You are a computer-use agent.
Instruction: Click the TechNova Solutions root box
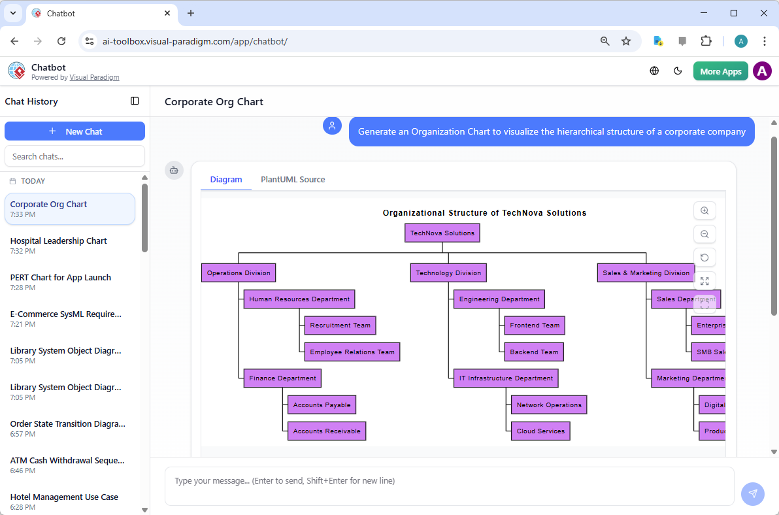[x=442, y=233]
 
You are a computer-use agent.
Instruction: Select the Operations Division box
[x=239, y=273]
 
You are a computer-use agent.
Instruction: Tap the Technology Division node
[x=448, y=273]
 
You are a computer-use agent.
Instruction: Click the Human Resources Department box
[x=299, y=299]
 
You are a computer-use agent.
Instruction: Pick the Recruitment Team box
[x=340, y=325]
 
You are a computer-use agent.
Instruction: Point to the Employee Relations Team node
[x=352, y=352]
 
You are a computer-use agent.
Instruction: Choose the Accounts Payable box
[x=322, y=405]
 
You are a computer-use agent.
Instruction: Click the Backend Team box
[x=534, y=352]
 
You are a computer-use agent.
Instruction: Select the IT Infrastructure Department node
[x=506, y=378]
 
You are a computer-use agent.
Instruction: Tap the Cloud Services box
[x=540, y=431]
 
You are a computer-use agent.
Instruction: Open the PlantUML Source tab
[x=293, y=180]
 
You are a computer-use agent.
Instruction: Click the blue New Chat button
[x=75, y=131]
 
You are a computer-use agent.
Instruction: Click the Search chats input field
[x=75, y=156]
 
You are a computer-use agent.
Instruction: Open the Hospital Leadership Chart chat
[x=59, y=241]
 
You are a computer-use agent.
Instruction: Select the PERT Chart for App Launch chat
[x=61, y=278]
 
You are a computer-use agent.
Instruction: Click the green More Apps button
[x=720, y=71]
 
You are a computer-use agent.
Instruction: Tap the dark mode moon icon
[x=678, y=71]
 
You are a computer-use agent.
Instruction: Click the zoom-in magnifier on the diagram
[x=704, y=211]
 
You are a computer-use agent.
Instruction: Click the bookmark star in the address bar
[x=626, y=41]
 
